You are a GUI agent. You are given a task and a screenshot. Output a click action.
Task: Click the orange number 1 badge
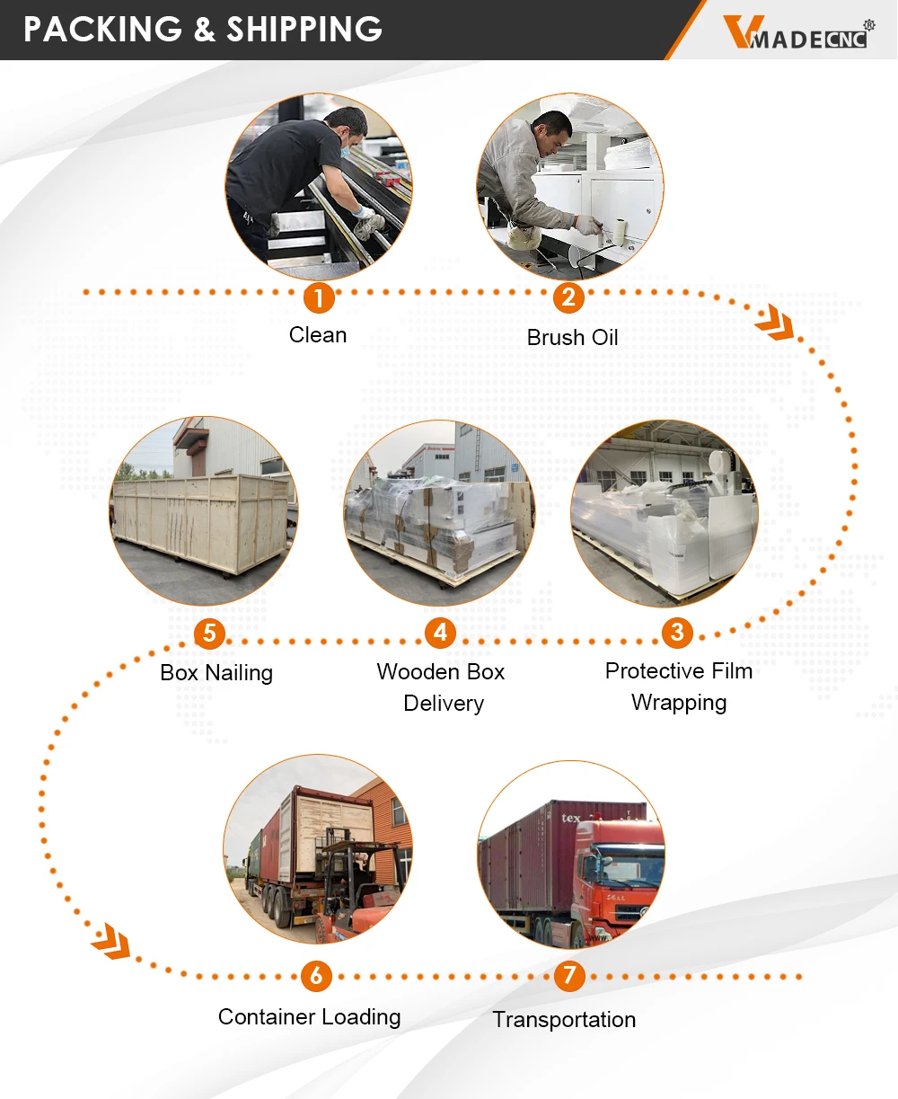click(x=318, y=297)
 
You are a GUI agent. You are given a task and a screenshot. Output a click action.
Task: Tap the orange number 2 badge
click(x=568, y=297)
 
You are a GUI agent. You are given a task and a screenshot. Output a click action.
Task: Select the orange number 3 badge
click(x=678, y=633)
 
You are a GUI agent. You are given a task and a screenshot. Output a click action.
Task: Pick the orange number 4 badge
click(x=440, y=633)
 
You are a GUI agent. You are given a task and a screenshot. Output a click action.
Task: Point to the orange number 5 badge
click(x=209, y=634)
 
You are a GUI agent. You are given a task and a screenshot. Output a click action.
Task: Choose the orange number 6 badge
click(x=316, y=976)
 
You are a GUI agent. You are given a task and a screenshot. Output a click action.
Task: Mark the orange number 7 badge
click(x=569, y=976)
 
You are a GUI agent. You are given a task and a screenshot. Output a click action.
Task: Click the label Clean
click(x=318, y=335)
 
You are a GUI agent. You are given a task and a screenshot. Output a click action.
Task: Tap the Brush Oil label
click(x=573, y=338)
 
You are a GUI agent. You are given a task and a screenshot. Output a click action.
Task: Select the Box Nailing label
click(x=216, y=673)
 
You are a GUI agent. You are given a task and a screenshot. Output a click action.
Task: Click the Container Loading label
click(x=310, y=1017)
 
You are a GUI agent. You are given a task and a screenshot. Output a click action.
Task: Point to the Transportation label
click(x=564, y=1020)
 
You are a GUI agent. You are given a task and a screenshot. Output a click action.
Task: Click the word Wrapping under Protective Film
click(x=679, y=703)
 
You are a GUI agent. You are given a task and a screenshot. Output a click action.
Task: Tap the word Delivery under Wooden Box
click(x=444, y=704)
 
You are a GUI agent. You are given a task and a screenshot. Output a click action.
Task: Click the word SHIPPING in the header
click(x=304, y=30)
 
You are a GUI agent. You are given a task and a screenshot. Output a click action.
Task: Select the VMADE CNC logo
click(x=797, y=33)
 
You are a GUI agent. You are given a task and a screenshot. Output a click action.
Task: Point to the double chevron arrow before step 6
click(x=111, y=941)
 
